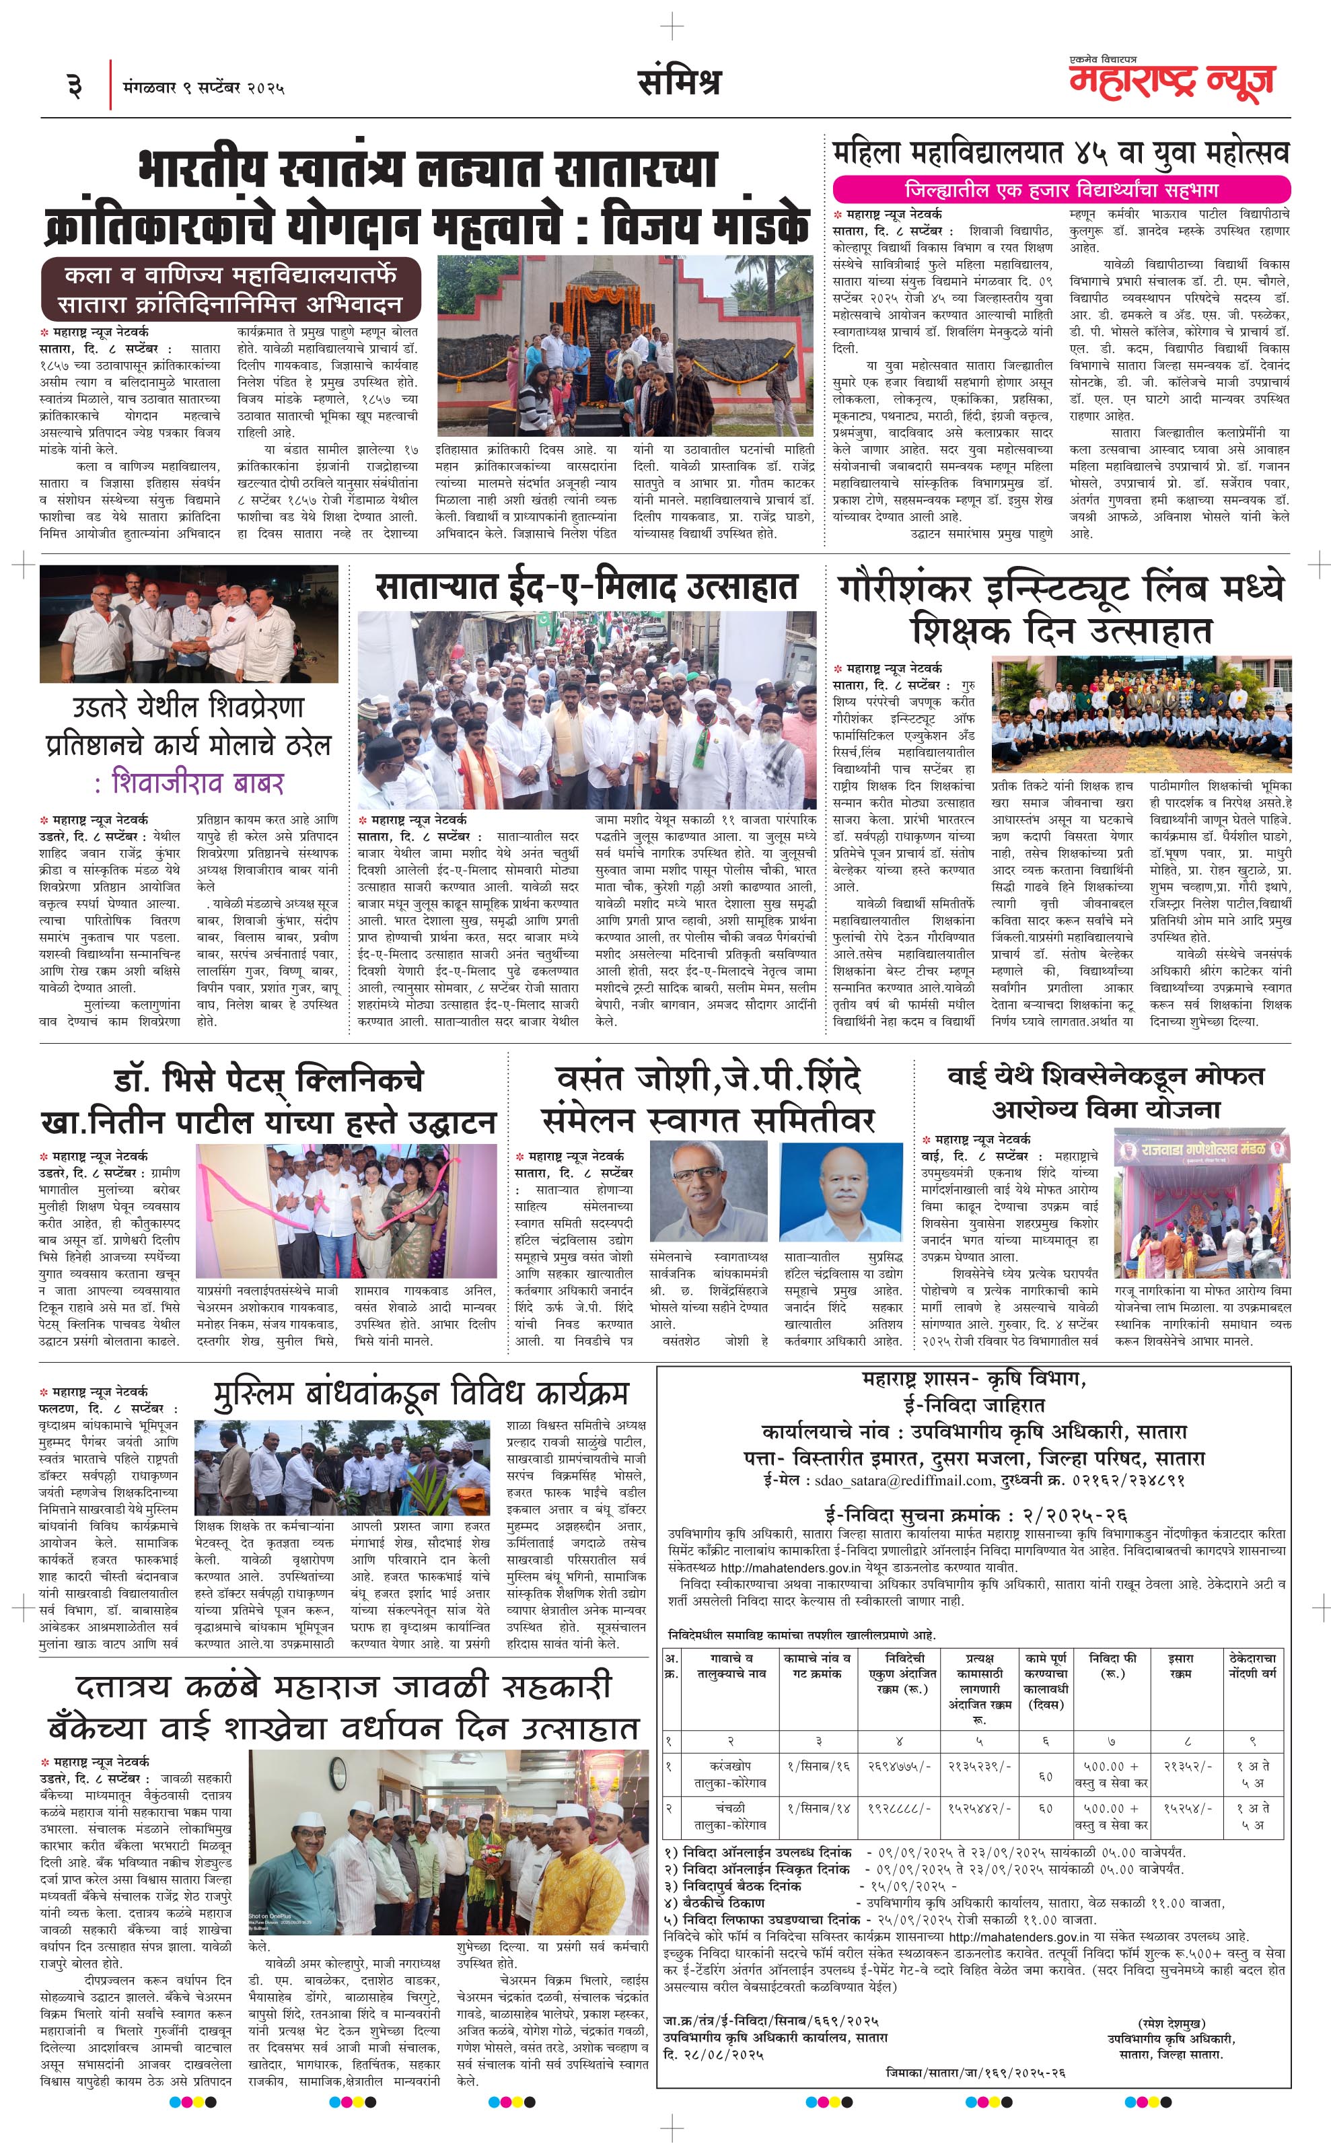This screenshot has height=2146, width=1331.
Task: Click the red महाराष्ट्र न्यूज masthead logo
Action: [1171, 80]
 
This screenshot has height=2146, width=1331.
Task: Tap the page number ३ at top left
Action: [75, 86]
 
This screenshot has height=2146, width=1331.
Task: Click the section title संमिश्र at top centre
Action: [679, 82]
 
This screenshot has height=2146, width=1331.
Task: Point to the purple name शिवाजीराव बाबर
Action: [197, 783]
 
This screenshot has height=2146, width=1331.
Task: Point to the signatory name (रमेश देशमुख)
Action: [1171, 2022]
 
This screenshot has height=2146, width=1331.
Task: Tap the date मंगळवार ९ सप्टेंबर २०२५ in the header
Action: [205, 87]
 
